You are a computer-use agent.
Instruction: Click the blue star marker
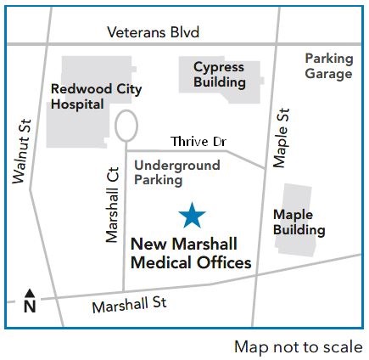[193, 217]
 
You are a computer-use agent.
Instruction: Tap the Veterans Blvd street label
[154, 33]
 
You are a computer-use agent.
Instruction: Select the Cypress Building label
[219, 75]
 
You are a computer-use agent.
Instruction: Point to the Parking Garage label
[328, 66]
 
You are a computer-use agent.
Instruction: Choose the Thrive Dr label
[195, 140]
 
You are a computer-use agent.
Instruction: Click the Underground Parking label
[177, 172]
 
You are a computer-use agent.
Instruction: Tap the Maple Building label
[299, 222]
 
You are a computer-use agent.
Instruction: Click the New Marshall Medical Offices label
[191, 253]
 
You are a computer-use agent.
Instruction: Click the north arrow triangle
[30, 291]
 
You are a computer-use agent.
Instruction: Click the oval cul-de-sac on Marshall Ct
[126, 127]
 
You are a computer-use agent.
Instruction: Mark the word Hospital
[77, 104]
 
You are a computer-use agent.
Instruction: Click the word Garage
[328, 74]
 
